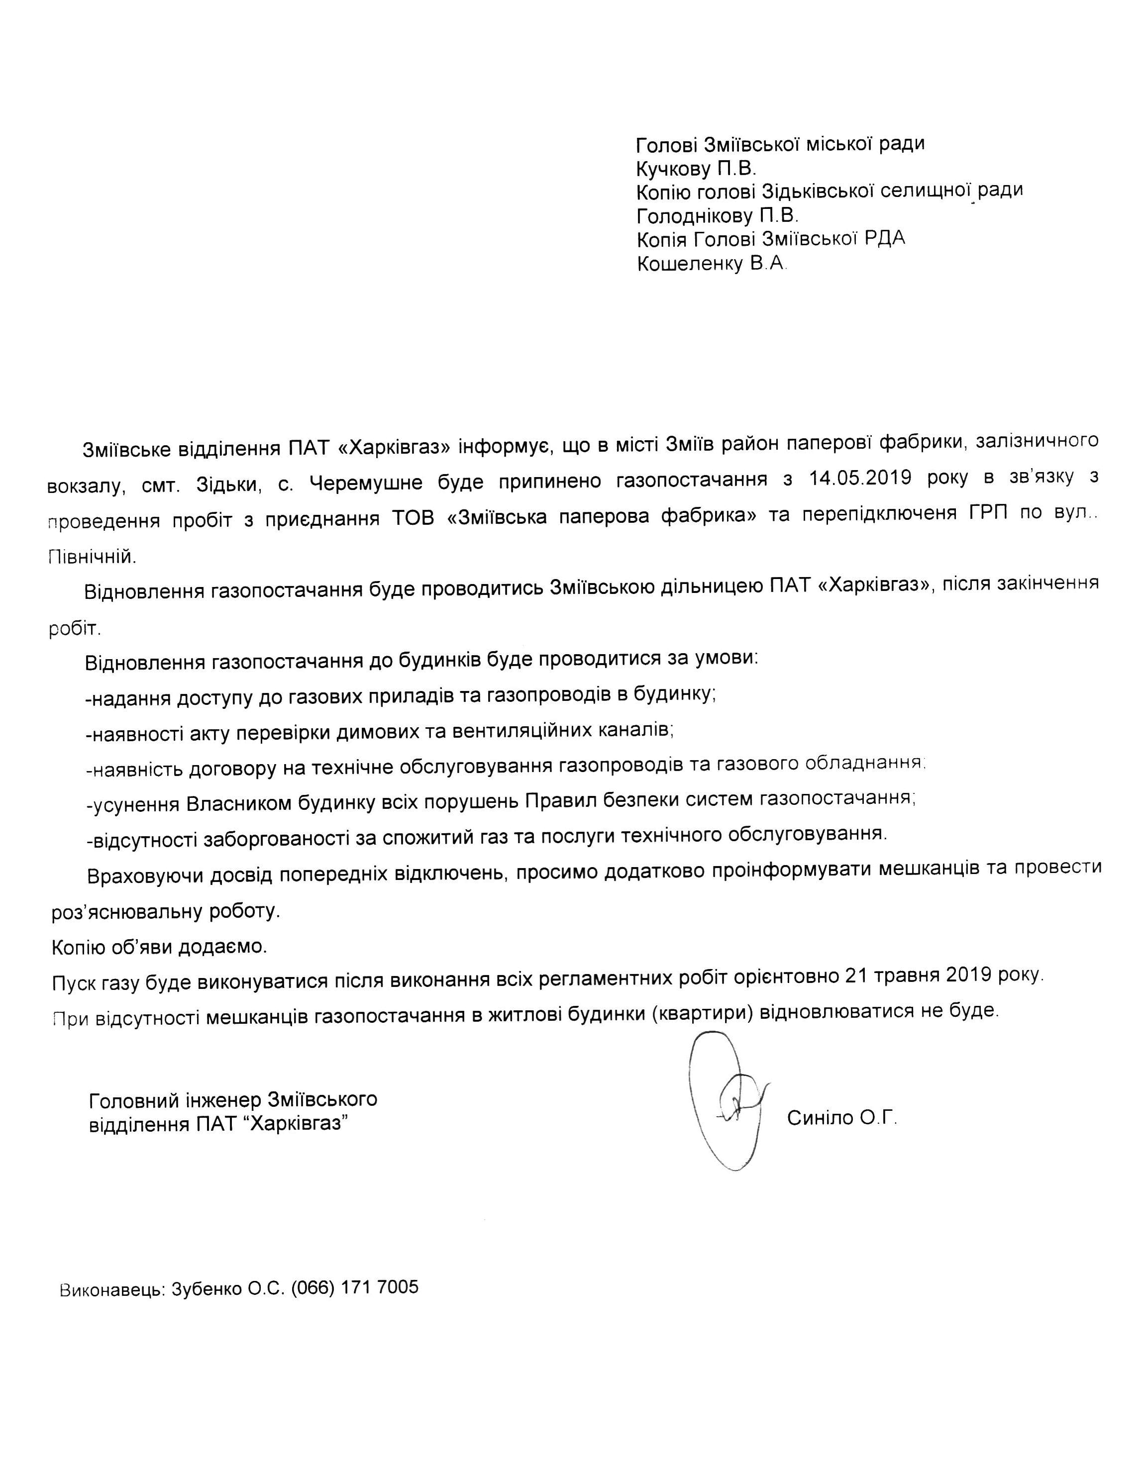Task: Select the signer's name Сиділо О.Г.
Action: click(841, 1117)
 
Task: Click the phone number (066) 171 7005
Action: click(354, 1287)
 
